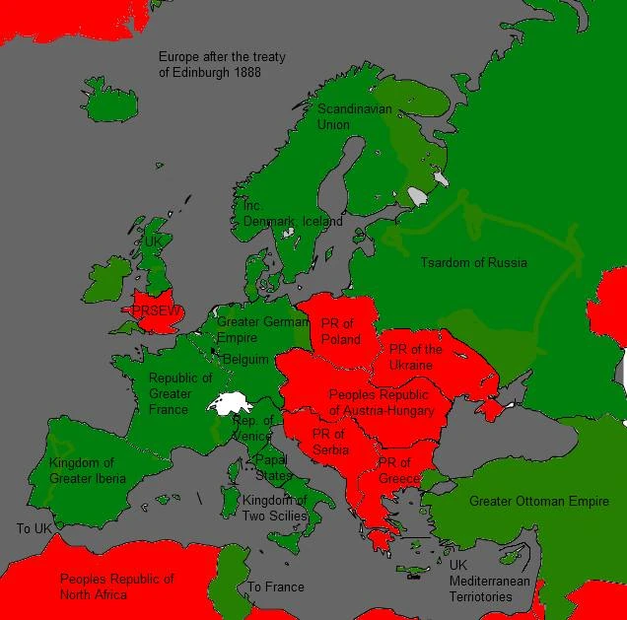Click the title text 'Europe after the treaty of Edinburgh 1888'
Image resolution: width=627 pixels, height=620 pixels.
click(x=222, y=65)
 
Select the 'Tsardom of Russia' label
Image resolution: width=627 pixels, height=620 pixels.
click(x=473, y=263)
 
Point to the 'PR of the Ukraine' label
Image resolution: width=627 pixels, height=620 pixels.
click(x=415, y=358)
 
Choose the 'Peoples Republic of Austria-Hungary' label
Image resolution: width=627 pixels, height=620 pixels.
click(x=382, y=403)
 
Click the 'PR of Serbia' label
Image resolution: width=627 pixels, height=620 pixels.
click(x=329, y=443)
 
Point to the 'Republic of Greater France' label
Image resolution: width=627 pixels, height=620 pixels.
click(x=179, y=394)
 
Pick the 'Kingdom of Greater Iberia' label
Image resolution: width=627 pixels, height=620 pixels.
click(x=88, y=471)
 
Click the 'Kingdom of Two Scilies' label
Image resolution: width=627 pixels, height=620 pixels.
click(x=275, y=508)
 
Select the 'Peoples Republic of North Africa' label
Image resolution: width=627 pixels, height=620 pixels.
click(x=116, y=586)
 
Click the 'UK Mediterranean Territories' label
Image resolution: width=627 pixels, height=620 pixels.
click(x=489, y=582)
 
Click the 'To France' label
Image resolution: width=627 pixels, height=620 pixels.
click(x=276, y=587)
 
